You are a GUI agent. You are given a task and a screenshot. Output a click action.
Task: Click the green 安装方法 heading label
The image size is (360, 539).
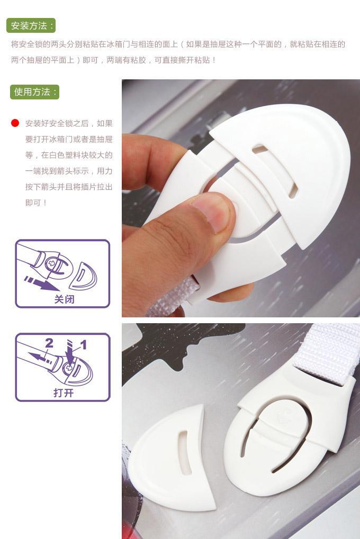coord(31,26)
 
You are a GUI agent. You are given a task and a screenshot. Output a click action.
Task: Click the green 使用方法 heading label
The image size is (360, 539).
coord(34,92)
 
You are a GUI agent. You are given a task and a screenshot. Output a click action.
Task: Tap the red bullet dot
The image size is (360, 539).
coord(15,123)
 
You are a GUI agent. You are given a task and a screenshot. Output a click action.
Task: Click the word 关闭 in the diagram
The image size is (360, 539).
coord(64,299)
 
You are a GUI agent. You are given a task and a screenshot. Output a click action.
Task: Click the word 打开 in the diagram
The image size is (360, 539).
coord(64,392)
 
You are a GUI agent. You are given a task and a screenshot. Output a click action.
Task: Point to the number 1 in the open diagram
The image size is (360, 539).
coord(83,344)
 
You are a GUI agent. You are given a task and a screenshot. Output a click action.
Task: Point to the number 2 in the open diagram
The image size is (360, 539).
coord(49,343)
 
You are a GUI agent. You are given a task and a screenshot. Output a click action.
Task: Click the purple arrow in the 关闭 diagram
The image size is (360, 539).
coord(41,283)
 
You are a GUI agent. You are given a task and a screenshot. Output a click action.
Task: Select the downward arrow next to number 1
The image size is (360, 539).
coord(70,352)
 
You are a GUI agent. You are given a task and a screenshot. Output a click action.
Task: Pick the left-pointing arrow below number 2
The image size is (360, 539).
coord(40,357)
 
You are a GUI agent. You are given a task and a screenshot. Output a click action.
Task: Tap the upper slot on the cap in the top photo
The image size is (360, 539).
coord(259,149)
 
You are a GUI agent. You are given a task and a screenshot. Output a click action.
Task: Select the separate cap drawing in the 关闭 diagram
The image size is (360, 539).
coord(83,276)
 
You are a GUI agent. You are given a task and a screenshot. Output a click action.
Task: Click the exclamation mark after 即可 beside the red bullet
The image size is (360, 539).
coord(45,203)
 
